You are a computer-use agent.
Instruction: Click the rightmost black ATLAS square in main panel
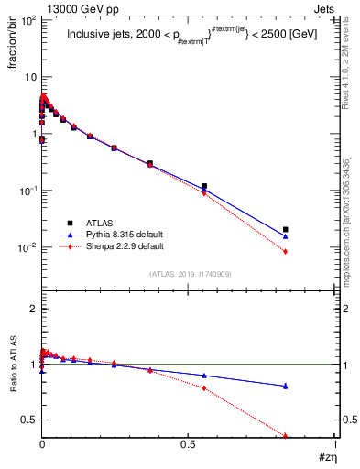(x=286, y=229)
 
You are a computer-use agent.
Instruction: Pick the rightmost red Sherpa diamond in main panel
(x=286, y=251)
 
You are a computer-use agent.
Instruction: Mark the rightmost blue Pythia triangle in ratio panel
(x=286, y=386)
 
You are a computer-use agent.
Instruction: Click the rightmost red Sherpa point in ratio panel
(x=286, y=435)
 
